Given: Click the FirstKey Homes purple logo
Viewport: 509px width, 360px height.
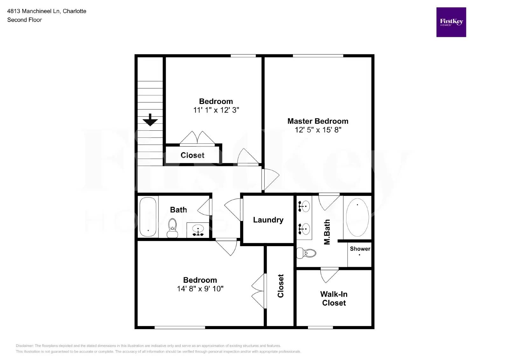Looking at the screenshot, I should tap(451, 22).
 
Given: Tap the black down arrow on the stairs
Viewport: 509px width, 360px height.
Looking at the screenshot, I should tap(150, 120).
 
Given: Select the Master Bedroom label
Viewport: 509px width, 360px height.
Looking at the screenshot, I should tap(317, 121).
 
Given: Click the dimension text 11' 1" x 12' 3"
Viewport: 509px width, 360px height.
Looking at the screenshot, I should tap(216, 110).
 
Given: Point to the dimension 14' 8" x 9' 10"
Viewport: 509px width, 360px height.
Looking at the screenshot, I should tap(200, 289).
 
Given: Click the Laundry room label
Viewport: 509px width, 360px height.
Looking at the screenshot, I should tap(268, 220).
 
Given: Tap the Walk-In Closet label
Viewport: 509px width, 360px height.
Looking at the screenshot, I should tap(334, 298).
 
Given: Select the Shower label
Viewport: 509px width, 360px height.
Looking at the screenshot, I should tap(360, 249).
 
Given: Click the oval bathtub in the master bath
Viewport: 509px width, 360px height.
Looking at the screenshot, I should tap(357, 217).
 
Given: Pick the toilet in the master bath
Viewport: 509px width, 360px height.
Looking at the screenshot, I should tap(307, 253).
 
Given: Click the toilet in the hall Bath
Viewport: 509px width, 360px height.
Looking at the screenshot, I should tap(172, 228).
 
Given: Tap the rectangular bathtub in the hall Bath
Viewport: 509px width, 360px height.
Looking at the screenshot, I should tap(148, 217).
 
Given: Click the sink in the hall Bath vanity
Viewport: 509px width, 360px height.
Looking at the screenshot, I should tap(198, 230).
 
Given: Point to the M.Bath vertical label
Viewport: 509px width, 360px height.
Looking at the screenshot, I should tap(327, 232).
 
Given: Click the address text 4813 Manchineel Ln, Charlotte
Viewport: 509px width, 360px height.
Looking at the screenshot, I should tap(47, 11).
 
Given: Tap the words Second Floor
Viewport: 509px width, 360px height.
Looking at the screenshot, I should tap(24, 20).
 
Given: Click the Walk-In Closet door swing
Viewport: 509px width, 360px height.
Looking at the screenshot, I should tap(329, 275).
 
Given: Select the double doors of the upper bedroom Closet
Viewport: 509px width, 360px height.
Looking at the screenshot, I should tap(197, 138).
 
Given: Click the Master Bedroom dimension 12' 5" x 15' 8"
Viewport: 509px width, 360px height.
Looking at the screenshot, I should tap(318, 130).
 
